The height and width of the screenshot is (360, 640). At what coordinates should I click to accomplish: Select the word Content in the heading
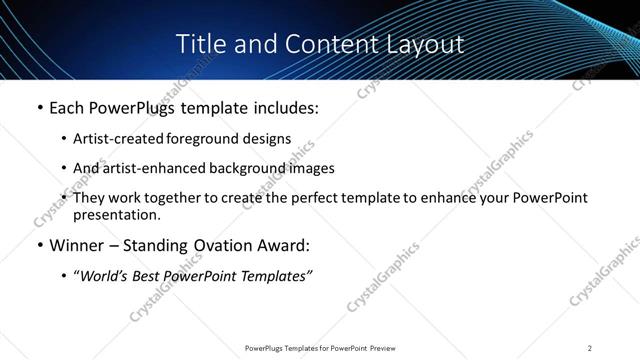[x=323, y=45]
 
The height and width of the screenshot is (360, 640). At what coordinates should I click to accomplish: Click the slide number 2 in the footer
[x=590, y=347]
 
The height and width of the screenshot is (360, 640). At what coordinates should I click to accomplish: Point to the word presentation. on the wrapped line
[x=116, y=214]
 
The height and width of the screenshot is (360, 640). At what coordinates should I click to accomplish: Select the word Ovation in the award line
[x=225, y=245]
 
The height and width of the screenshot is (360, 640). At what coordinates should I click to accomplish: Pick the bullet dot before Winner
[x=39, y=245]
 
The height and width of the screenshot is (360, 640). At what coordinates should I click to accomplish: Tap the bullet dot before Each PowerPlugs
[x=39, y=108]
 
